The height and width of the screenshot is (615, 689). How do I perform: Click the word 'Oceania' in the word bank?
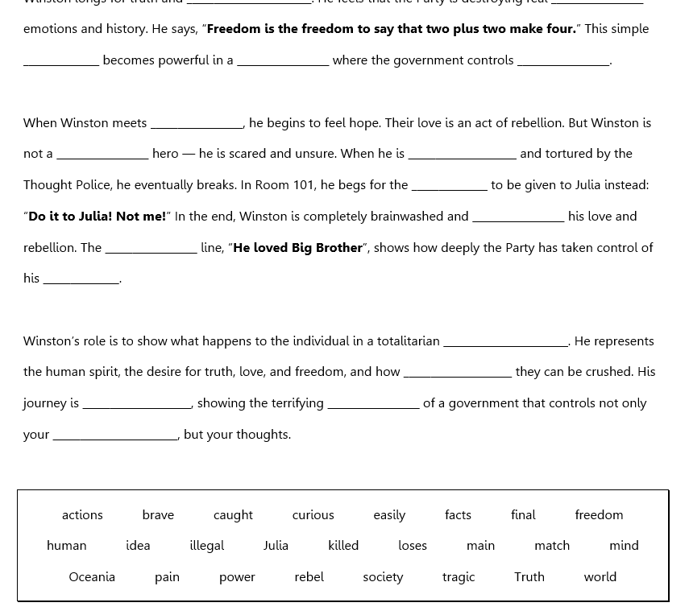coord(92,576)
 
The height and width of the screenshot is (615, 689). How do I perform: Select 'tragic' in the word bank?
coord(459,576)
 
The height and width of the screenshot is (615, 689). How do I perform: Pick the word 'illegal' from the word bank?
coord(207,545)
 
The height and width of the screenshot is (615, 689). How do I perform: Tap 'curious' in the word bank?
coord(313,514)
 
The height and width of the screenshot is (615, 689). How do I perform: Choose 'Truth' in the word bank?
coord(529,576)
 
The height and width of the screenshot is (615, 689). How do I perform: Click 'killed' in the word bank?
coord(343,545)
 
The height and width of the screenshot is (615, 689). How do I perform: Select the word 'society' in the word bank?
coord(383,576)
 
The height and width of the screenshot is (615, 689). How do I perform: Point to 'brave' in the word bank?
coord(158,514)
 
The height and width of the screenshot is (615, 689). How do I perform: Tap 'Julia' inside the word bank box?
coord(276,545)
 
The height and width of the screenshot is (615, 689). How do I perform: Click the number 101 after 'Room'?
coord(304,184)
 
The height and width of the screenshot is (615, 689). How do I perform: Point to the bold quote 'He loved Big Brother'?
coord(297,247)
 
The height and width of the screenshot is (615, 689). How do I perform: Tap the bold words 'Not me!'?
coord(141,216)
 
